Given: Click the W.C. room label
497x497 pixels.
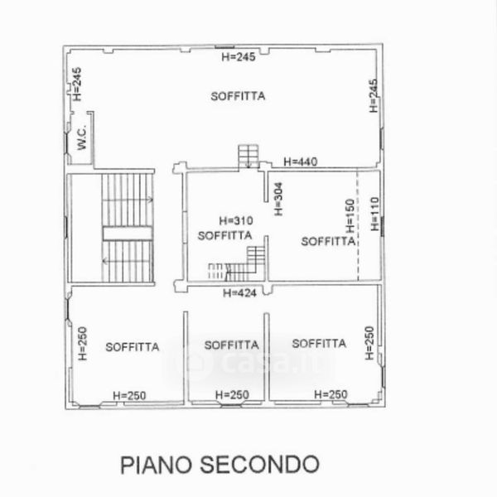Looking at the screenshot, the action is click(x=82, y=137).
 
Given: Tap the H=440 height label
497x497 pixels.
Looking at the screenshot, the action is click(x=300, y=162).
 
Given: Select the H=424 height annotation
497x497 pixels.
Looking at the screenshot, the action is click(x=239, y=293).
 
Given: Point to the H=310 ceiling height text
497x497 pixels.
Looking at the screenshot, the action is click(x=236, y=220).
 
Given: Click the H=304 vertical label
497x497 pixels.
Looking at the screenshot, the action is click(x=278, y=199).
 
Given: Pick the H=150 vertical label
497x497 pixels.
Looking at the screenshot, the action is click(x=350, y=215).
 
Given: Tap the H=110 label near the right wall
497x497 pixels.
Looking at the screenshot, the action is click(x=374, y=214).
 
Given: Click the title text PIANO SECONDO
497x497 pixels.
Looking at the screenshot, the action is click(x=220, y=465).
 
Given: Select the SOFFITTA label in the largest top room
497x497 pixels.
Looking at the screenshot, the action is click(x=238, y=96).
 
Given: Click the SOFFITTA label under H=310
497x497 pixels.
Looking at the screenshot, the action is click(x=224, y=235).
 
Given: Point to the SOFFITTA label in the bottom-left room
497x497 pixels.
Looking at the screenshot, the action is click(x=133, y=347).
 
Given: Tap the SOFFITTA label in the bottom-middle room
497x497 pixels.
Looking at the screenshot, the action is click(x=231, y=345).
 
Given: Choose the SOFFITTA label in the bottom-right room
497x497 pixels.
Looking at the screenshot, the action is click(x=319, y=343).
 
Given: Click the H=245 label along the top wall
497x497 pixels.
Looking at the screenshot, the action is click(x=239, y=56).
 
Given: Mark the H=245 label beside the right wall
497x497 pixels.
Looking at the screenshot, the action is click(x=374, y=96).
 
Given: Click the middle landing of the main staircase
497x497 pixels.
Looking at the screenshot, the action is click(x=128, y=234).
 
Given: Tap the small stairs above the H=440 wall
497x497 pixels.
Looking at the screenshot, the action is click(x=248, y=157).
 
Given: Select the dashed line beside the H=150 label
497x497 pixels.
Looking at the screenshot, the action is click(x=358, y=225).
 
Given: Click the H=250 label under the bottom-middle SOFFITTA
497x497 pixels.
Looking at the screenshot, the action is click(x=232, y=394).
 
